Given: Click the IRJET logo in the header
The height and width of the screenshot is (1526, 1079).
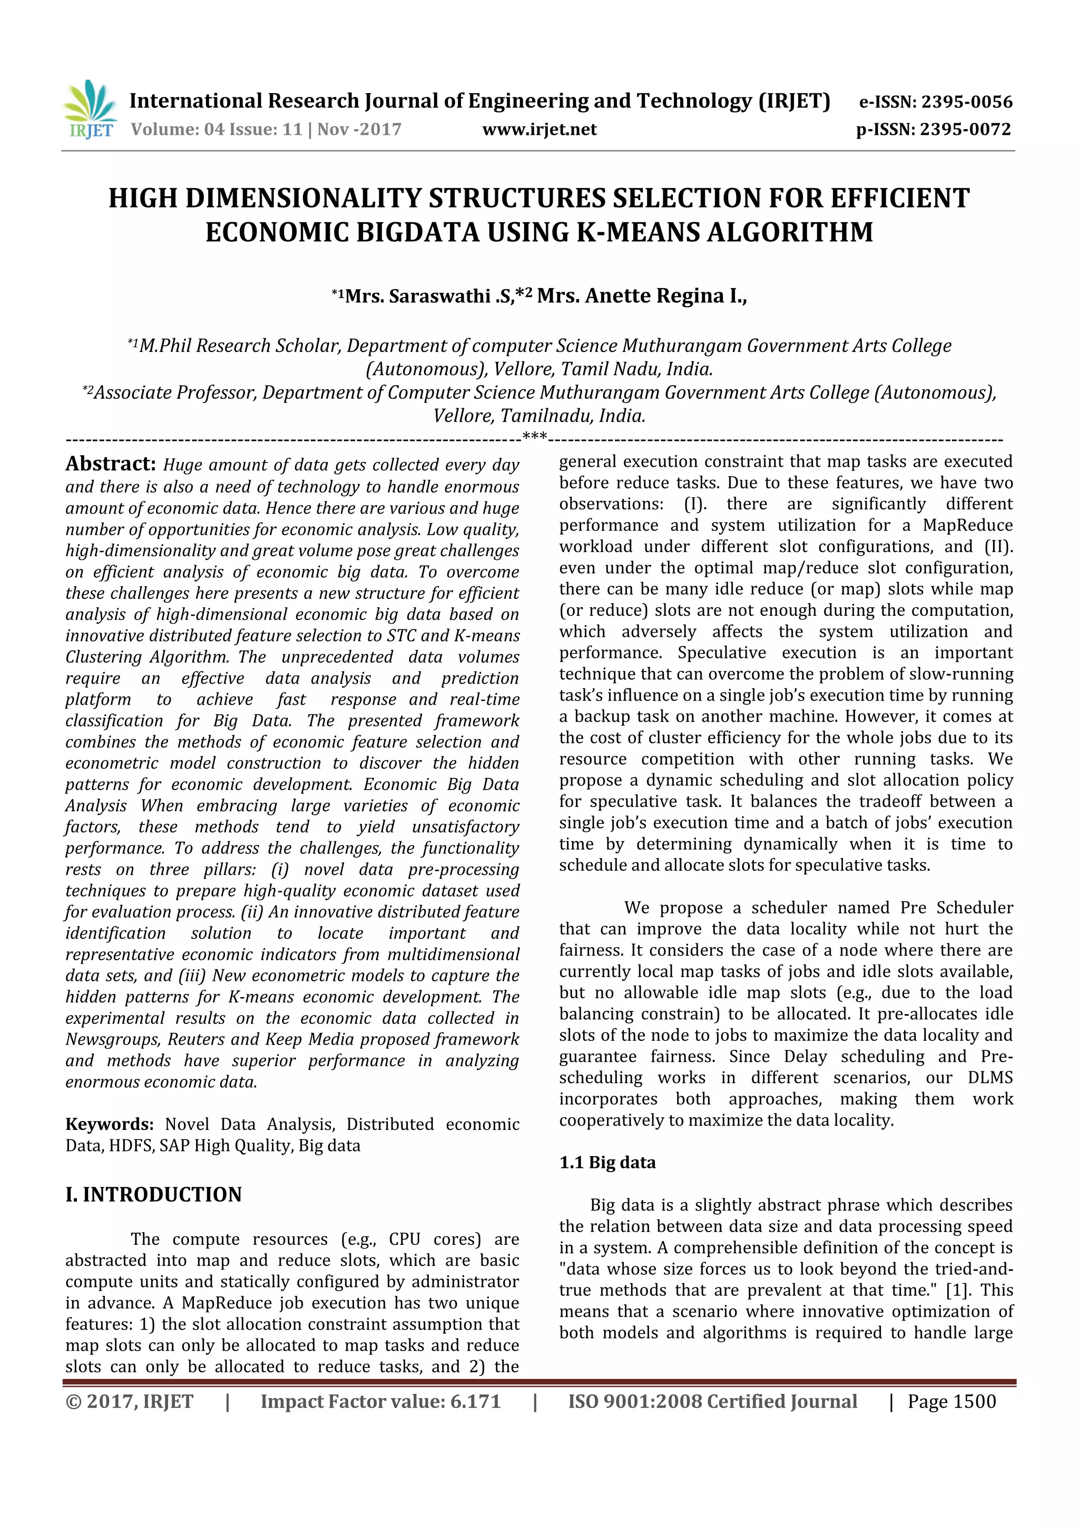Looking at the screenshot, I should click(x=89, y=110).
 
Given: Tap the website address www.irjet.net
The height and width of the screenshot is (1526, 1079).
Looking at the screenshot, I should click(x=539, y=129).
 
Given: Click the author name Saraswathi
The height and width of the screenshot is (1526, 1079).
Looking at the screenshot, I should click(x=439, y=296).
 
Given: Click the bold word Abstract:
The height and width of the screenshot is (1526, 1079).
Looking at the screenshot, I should click(x=110, y=464).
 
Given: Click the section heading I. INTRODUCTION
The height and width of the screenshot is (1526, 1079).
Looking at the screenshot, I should click(x=153, y=1194).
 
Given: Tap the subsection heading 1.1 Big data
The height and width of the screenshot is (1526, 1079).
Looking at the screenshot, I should click(x=607, y=1163).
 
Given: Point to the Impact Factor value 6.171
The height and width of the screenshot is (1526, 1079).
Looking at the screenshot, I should click(x=475, y=1402).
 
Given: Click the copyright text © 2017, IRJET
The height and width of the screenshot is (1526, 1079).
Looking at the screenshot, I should click(x=130, y=1402).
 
